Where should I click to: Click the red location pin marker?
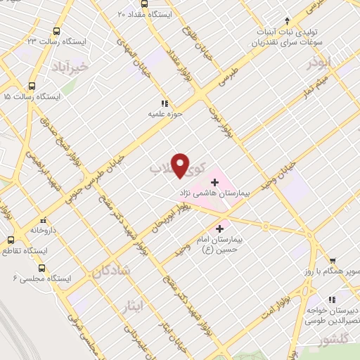[181, 165]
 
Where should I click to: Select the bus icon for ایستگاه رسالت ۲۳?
[56, 32]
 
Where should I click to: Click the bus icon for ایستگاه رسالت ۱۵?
[5, 96]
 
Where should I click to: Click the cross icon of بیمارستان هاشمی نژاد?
[214, 182]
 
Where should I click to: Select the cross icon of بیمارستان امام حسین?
[221, 229]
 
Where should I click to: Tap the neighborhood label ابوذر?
[319, 63]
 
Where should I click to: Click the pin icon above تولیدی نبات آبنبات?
[287, 21]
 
